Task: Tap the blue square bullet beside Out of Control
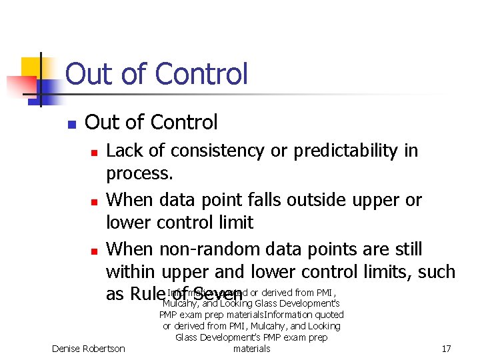pyautogui.click(x=71, y=124)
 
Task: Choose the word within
pyautogui.click(x=130, y=271)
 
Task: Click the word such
pyautogui.click(x=436, y=271)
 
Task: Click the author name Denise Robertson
pyautogui.click(x=89, y=349)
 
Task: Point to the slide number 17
pyautogui.click(x=446, y=349)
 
